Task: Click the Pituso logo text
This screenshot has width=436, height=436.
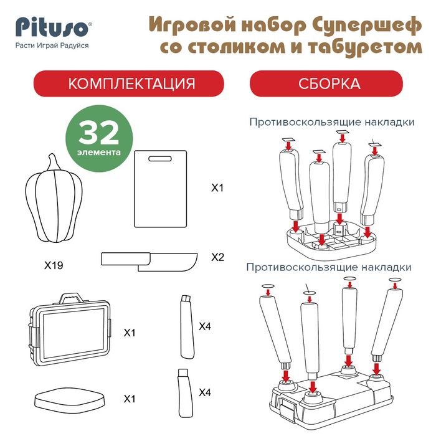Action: click(53, 28)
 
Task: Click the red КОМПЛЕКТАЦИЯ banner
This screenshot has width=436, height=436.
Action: click(128, 84)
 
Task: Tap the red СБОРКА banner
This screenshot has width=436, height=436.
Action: click(329, 84)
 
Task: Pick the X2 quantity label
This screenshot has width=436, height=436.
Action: click(217, 257)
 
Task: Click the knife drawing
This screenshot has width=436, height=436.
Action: click(149, 260)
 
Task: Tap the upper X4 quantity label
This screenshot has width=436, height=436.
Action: click(206, 325)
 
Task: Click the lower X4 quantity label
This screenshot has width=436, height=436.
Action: click(206, 392)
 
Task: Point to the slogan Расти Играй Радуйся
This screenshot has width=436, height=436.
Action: click(52, 45)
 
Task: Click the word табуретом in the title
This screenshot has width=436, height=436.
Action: click(364, 47)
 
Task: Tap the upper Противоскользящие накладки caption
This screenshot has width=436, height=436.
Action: click(331, 121)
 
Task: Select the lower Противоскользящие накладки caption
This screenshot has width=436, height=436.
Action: click(329, 267)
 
